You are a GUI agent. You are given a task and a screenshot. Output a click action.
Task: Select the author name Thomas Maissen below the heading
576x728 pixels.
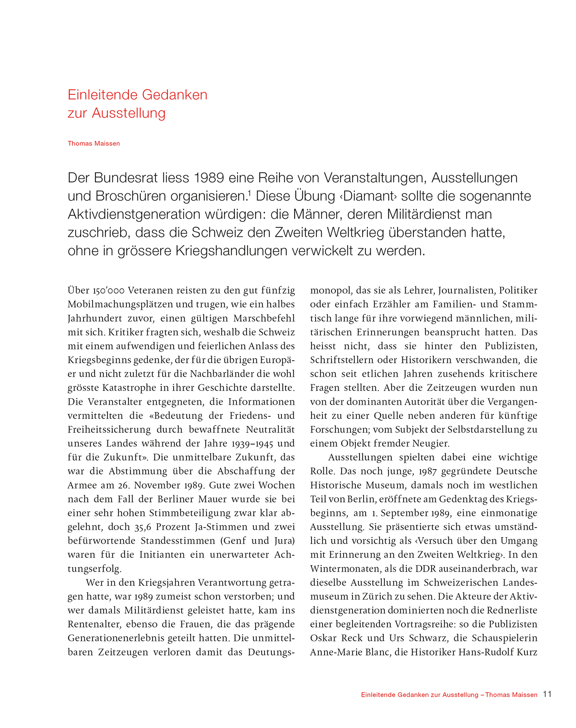click(x=94, y=144)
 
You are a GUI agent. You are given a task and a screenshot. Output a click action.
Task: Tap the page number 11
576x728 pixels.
click(x=547, y=694)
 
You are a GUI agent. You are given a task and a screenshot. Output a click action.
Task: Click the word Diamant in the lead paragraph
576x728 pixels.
click(x=368, y=196)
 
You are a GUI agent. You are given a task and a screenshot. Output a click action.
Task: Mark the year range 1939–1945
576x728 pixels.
click(x=252, y=444)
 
